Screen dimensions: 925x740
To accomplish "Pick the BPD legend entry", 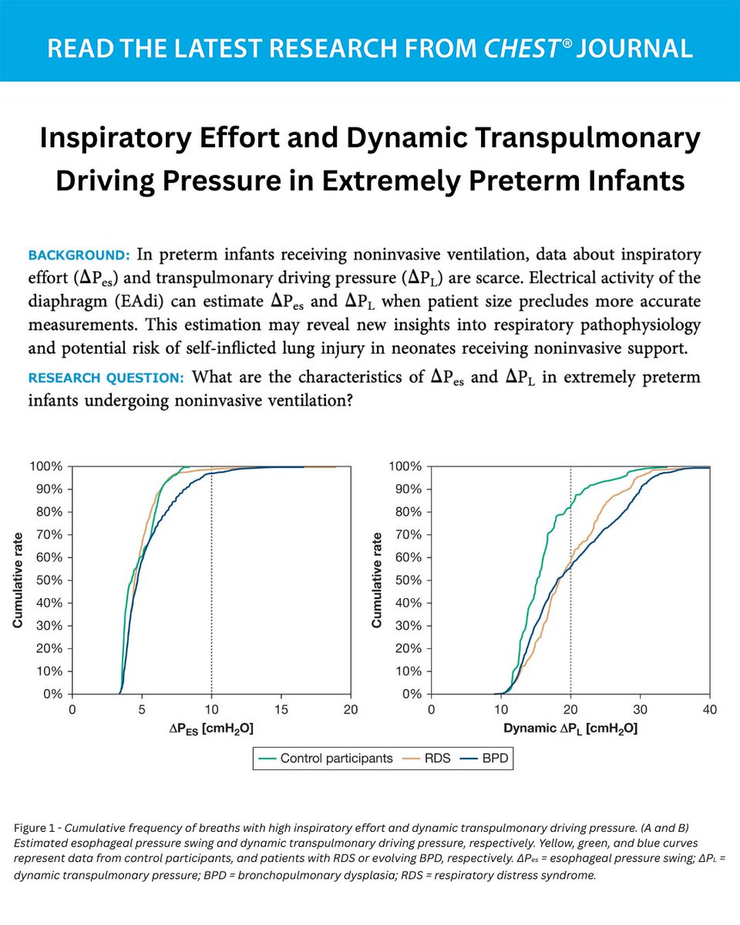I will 490,758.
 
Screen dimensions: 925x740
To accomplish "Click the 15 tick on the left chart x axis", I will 281,709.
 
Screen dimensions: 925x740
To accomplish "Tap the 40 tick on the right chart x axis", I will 710,709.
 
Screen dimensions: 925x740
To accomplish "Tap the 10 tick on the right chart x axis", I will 500,709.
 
